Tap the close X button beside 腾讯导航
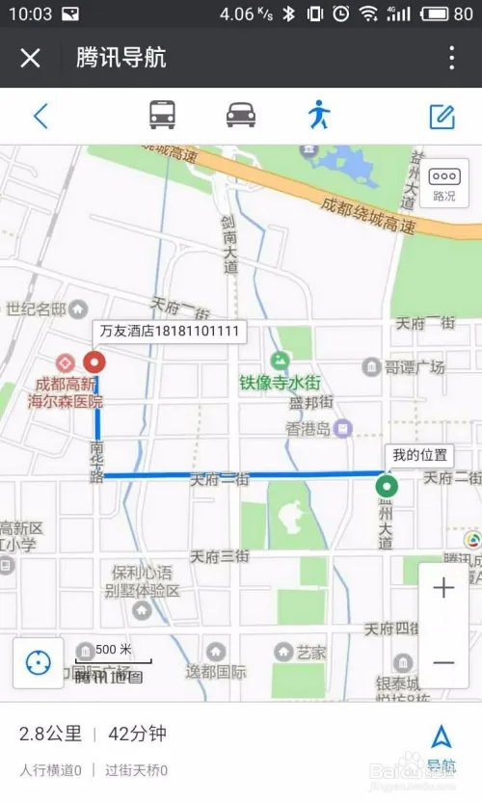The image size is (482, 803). (x=31, y=58)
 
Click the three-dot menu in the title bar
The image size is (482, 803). (x=451, y=58)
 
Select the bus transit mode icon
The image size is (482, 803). (x=162, y=116)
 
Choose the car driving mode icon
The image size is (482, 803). (x=241, y=116)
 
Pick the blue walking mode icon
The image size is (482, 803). (x=319, y=116)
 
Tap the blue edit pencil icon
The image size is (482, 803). (x=442, y=117)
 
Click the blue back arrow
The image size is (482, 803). (x=40, y=116)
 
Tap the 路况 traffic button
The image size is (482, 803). (x=443, y=183)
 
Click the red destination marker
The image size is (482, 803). (x=94, y=362)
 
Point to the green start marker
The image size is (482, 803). (x=388, y=486)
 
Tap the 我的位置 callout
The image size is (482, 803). (x=419, y=455)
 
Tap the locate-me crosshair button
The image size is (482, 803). (x=39, y=663)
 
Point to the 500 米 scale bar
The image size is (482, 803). (x=113, y=652)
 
